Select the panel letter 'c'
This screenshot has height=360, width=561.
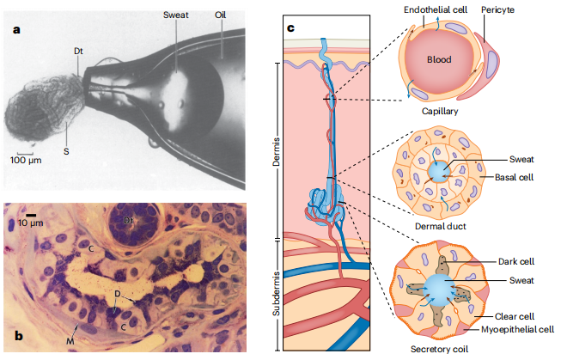click(290, 29)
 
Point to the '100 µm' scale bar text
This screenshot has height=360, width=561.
click(27, 160)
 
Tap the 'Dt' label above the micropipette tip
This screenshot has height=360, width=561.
click(77, 51)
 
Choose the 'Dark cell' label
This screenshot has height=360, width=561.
click(515, 262)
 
